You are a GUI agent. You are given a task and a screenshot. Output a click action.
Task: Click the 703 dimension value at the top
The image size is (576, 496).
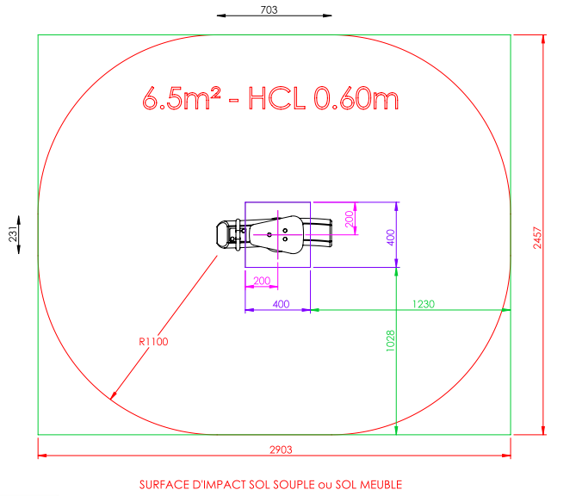pyautogui.click(x=269, y=10)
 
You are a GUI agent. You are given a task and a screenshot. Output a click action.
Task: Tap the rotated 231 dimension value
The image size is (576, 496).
pyautogui.click(x=13, y=234)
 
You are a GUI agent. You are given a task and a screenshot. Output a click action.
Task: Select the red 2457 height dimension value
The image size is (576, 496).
pyautogui.click(x=537, y=238)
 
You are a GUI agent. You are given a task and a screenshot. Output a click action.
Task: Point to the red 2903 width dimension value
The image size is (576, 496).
pyautogui.click(x=281, y=449)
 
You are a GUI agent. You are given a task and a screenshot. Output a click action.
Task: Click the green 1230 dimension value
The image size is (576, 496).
pyautogui.click(x=424, y=304)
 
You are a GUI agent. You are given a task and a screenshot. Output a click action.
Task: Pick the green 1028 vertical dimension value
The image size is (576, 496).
pyautogui.click(x=391, y=341)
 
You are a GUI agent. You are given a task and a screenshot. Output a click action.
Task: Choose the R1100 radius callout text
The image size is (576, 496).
pyautogui.click(x=153, y=342)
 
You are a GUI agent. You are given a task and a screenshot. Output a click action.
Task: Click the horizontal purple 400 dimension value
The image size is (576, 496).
pyautogui.click(x=281, y=304)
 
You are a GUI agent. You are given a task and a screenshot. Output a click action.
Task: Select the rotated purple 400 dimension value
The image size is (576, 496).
pyautogui.click(x=391, y=238)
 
